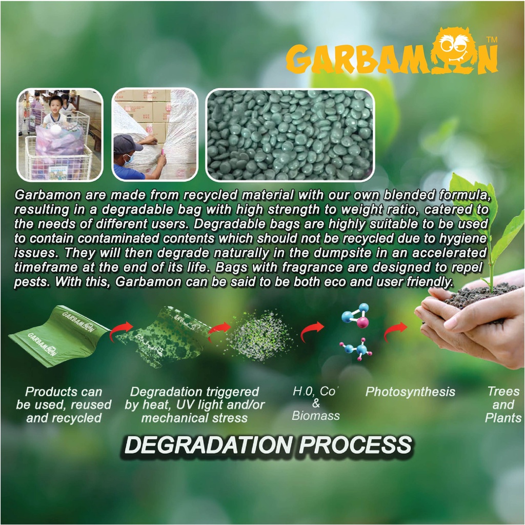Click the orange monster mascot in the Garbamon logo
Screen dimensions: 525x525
pos(456,50)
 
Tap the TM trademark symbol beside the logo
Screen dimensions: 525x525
pos(492,40)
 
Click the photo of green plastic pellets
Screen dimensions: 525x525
pos(290,135)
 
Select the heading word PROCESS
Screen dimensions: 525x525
pos(355,446)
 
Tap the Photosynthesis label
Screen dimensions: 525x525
pos(410,392)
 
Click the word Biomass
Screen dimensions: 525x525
pos(315,416)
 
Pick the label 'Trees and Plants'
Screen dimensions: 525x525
pos(503,405)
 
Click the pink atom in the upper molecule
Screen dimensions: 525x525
pos(362,323)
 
